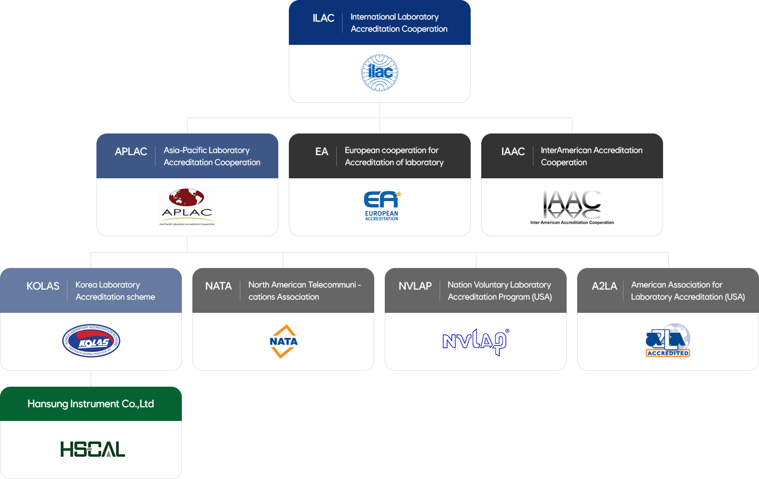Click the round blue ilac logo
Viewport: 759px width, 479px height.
(379, 73)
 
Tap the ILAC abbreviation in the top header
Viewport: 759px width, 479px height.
(323, 18)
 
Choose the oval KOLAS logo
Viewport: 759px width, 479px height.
(91, 341)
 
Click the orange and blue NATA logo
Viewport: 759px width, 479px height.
(284, 341)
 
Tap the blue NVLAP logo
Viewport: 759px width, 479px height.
(475, 342)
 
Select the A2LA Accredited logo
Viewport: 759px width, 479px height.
(668, 341)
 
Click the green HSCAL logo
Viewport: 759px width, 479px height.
(93, 449)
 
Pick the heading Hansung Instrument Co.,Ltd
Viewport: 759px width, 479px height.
(91, 404)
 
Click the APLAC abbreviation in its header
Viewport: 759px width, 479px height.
(131, 152)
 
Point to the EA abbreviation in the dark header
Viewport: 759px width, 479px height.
(322, 152)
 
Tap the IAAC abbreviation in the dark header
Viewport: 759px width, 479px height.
(513, 152)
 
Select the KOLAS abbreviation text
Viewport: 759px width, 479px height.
(43, 286)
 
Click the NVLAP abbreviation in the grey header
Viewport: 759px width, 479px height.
(415, 286)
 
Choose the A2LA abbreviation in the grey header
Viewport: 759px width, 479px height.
(604, 286)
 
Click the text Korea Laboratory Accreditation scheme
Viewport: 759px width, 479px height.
(115, 291)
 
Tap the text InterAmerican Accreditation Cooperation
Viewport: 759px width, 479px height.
(591, 156)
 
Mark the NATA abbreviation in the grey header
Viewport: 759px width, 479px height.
(218, 286)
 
